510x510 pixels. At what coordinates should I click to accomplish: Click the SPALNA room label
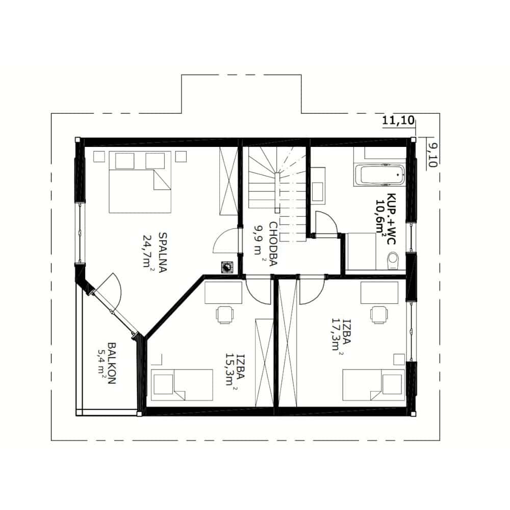[162, 252]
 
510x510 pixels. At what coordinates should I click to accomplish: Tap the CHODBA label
[272, 244]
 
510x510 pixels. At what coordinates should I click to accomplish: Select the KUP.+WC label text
[391, 218]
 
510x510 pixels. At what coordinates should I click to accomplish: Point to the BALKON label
[111, 363]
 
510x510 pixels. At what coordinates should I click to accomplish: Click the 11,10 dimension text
[398, 120]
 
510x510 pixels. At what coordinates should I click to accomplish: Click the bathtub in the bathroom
[379, 175]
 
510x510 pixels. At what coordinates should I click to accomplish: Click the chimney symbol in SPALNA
[227, 267]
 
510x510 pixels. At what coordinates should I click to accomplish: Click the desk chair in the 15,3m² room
[225, 315]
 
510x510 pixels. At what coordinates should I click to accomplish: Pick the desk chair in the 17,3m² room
[379, 315]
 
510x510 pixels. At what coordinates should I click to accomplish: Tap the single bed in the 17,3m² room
[374, 385]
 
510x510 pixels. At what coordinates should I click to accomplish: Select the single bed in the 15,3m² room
[182, 385]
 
